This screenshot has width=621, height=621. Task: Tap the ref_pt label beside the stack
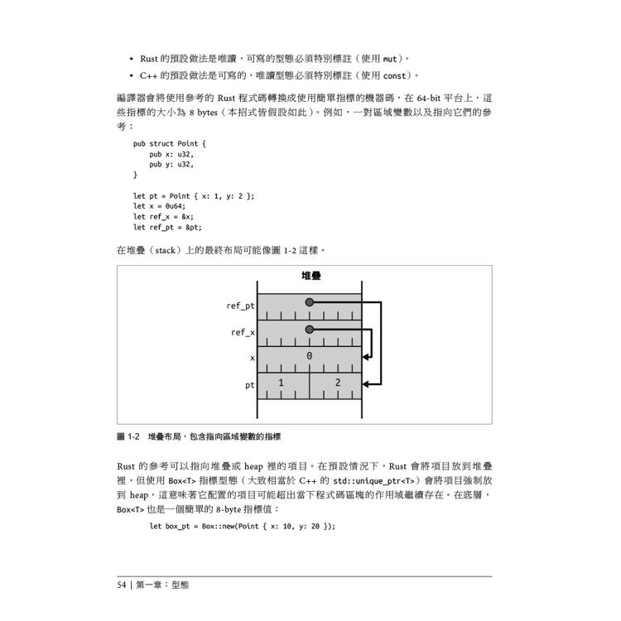pyautogui.click(x=240, y=306)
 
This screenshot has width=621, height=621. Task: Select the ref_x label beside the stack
pyautogui.click(x=243, y=332)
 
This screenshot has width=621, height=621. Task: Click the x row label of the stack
pyautogui.click(x=252, y=359)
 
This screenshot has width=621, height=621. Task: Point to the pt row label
pyautogui.click(x=249, y=385)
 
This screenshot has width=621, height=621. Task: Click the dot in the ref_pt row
pyautogui.click(x=309, y=302)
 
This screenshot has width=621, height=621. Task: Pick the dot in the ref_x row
pyautogui.click(x=309, y=329)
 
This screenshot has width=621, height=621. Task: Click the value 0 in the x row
pyautogui.click(x=310, y=356)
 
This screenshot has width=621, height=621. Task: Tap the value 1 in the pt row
pyautogui.click(x=281, y=383)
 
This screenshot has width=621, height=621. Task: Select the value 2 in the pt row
pyautogui.click(x=337, y=383)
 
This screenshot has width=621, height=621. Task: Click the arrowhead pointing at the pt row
pyautogui.click(x=368, y=383)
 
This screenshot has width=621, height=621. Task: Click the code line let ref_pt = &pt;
pyautogui.click(x=166, y=227)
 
